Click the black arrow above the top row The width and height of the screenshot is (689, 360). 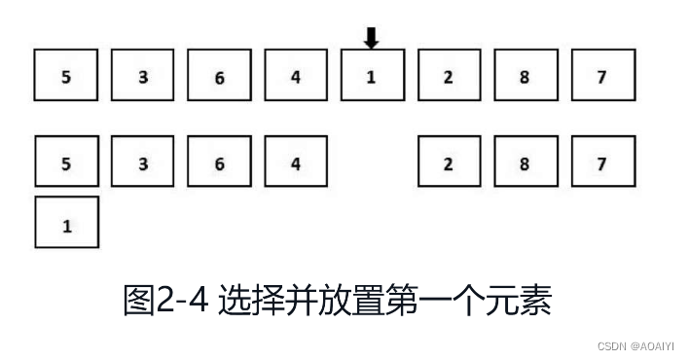click(x=372, y=38)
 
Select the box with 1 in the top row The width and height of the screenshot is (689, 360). click(x=372, y=77)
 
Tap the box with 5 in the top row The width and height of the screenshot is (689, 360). click(x=66, y=77)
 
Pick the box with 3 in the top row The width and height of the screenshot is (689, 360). click(x=143, y=77)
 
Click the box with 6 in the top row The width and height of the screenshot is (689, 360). click(x=219, y=77)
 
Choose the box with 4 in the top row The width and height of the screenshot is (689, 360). click(x=296, y=77)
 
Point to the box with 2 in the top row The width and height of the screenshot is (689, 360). click(x=449, y=77)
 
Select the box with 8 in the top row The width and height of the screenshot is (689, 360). click(x=525, y=77)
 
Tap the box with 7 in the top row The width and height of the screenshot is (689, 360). click(x=601, y=77)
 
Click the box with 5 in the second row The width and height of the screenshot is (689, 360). click(x=66, y=162)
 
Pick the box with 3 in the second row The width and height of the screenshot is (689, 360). click(x=143, y=162)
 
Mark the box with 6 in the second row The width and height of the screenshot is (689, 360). click(x=219, y=162)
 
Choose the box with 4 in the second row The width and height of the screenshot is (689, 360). click(x=296, y=162)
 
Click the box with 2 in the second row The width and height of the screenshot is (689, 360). click(x=449, y=162)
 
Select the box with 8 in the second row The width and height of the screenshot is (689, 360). click(x=525, y=162)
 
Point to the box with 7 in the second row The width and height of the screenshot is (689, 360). click(x=601, y=162)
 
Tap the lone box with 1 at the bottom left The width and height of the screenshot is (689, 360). click(x=66, y=224)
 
